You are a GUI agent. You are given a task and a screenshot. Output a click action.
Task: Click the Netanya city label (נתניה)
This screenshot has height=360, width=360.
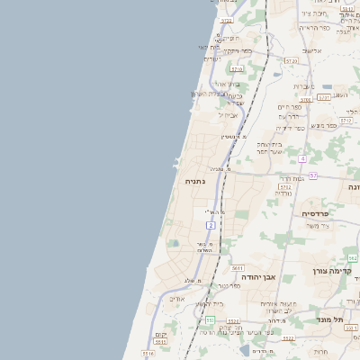[x=195, y=181]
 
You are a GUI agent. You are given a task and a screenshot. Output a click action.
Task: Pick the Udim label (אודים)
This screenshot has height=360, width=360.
[x=177, y=298]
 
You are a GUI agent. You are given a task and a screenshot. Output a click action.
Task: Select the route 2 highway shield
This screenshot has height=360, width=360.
[x=211, y=225]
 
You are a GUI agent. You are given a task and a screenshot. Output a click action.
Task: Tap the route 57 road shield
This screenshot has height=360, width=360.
[x=312, y=175]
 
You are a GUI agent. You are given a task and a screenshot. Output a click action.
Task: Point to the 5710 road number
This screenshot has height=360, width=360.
[x=238, y=68]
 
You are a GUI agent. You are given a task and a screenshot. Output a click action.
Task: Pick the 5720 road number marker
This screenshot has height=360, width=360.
[x=289, y=60]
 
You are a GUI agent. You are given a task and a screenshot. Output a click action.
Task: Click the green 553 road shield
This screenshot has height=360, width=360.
[x=210, y=319]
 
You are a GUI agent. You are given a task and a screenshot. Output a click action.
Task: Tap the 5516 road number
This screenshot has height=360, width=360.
[x=148, y=354]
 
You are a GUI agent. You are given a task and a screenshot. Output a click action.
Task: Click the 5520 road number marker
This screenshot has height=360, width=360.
[x=286, y=338]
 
